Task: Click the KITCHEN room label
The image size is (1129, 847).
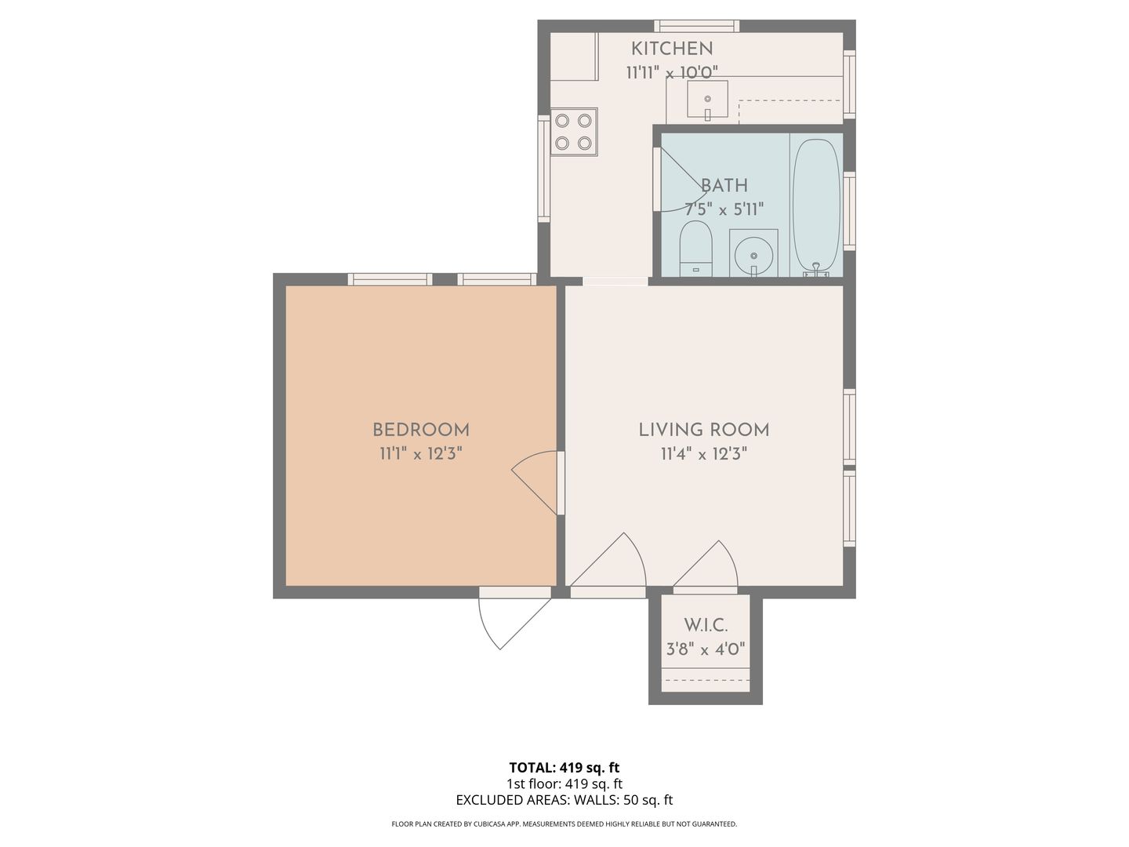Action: tap(672, 49)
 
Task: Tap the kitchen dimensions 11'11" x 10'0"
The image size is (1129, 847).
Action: tap(672, 73)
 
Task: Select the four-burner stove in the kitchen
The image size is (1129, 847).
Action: tap(573, 132)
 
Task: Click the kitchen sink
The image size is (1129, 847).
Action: tap(707, 100)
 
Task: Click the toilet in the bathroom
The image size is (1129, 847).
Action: tap(695, 249)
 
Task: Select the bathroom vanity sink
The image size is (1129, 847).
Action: tap(753, 253)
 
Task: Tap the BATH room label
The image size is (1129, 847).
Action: tap(724, 186)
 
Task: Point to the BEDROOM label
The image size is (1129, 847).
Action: tap(421, 430)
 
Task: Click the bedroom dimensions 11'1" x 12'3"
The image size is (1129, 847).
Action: tap(421, 454)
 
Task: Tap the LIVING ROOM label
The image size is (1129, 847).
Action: tap(703, 430)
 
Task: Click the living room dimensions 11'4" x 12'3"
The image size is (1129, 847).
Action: tap(703, 454)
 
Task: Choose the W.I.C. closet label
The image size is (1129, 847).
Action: tap(706, 626)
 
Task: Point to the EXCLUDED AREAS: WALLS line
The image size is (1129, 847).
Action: tap(564, 800)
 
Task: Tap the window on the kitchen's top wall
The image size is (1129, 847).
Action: tap(696, 26)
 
